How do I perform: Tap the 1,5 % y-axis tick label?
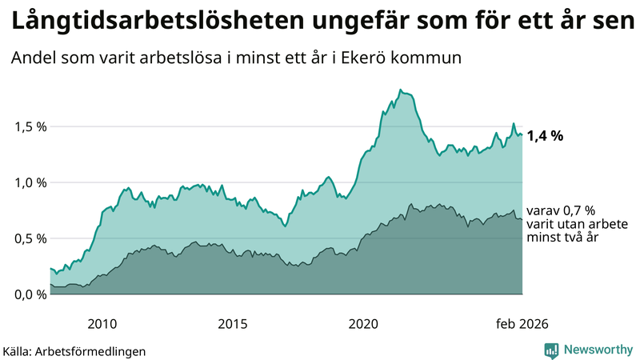30,126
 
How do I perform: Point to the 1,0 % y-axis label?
30,182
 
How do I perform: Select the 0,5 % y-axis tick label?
30,238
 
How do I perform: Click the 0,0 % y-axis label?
30,294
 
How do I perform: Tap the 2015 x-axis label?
233,324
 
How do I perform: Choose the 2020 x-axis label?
363,324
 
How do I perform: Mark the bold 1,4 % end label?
545,136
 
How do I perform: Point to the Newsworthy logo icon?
552,350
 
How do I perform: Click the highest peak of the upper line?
400,90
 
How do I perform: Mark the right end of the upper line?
522,135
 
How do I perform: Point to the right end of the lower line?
522,219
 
